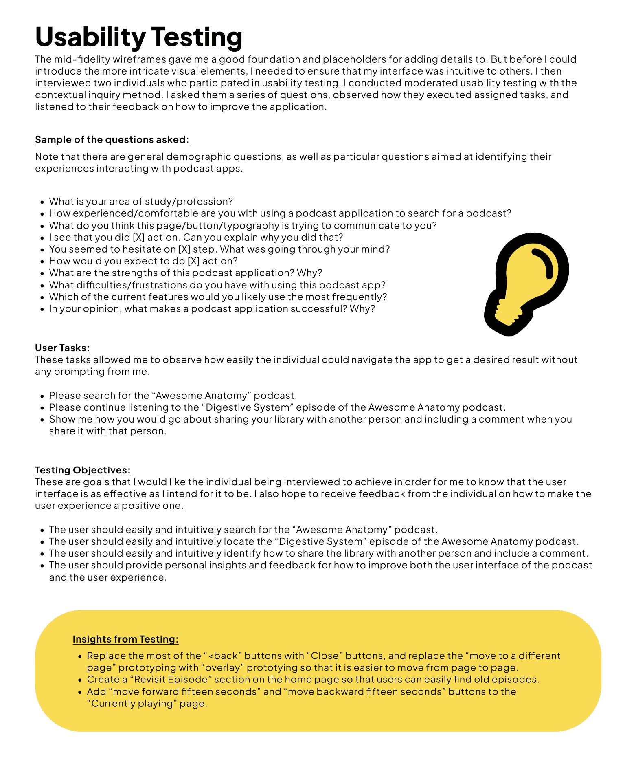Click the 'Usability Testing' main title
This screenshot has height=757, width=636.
pos(138,37)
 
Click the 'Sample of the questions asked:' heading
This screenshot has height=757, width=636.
pos(112,140)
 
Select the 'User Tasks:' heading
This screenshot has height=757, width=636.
pos(62,348)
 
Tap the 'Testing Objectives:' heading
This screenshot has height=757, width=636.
pos(83,470)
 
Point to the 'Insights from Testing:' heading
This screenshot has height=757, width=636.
pos(125,639)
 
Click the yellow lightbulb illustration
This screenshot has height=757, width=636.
pos(529,277)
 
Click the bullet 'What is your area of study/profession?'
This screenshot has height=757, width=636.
pos(141,202)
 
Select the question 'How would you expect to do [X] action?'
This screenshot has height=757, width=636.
pos(143,261)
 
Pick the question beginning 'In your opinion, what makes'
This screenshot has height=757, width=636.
pos(212,309)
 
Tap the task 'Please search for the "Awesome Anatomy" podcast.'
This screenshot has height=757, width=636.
pos(173,396)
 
